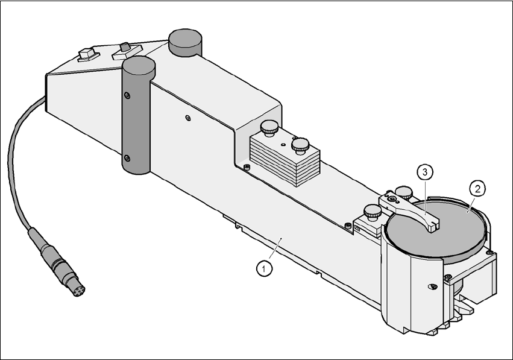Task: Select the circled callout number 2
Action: [x=477, y=189]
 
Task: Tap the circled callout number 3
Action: [x=425, y=172]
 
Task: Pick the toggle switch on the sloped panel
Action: [x=126, y=48]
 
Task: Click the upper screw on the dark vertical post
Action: [x=126, y=95]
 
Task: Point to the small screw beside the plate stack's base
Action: [x=247, y=166]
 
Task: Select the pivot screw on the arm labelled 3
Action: [x=392, y=198]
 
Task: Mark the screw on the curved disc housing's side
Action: [x=432, y=285]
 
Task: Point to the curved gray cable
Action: [x=18, y=169]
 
